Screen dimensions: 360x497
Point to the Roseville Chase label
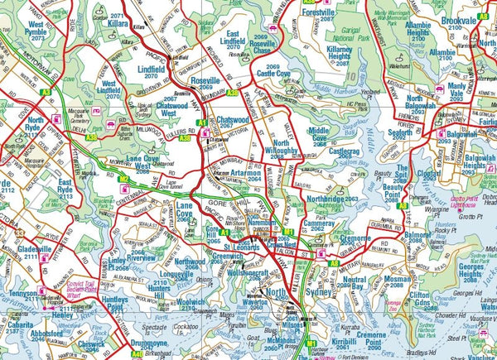(x=250, y=50)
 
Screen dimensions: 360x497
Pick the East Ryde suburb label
(x=70, y=187)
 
